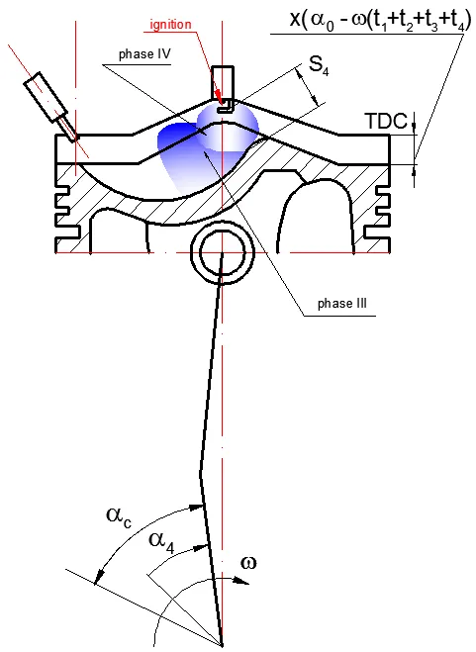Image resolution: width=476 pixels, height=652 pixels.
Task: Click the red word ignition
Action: tap(170, 25)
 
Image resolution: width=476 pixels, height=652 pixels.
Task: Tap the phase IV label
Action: tap(144, 54)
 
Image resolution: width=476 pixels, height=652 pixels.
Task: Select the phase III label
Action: tap(342, 304)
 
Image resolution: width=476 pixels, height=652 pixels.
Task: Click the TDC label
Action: tap(387, 122)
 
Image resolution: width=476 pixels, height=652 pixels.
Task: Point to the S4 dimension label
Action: tap(319, 65)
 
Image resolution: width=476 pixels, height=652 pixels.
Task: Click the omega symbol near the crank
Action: tap(248, 563)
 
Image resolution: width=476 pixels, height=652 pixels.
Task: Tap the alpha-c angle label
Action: tap(119, 516)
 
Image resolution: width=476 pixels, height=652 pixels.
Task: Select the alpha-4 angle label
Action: tap(161, 542)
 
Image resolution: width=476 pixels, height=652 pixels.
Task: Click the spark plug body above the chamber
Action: tap(223, 82)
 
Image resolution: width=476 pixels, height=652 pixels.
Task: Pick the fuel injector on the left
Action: tap(50, 107)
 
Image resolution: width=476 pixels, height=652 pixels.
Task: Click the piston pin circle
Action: tap(223, 252)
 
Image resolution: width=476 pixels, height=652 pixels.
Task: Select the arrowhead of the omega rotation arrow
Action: tap(241, 581)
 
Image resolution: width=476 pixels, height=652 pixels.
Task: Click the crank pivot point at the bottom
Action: tap(222, 646)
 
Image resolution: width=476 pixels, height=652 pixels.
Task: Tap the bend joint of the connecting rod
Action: tap(201, 473)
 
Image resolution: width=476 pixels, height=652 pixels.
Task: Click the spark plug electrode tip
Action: tap(225, 106)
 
